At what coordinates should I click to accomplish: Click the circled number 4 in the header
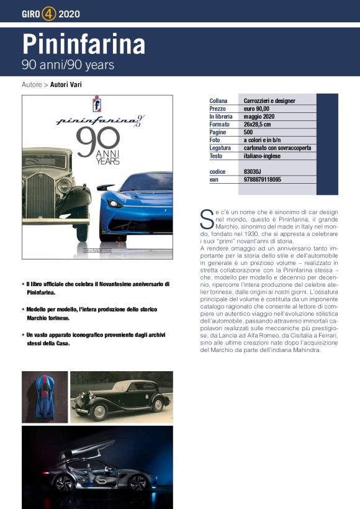50,12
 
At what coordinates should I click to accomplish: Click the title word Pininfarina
84,44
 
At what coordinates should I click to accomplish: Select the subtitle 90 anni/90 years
68,64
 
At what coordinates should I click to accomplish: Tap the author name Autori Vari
66,84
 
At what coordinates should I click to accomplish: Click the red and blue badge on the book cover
97,102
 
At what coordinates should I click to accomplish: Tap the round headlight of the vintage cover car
64,186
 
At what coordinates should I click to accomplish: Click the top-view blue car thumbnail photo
45,397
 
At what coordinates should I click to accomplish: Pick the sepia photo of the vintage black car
122,397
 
